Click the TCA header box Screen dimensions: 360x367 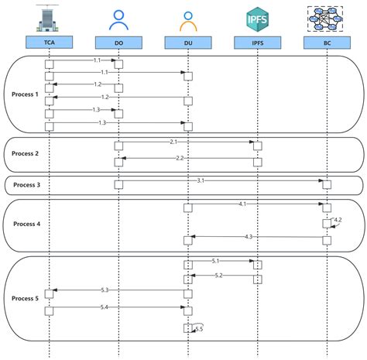pos(49,43)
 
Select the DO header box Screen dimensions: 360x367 pos(118,43)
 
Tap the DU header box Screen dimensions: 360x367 pos(187,43)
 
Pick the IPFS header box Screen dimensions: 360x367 pos(256,43)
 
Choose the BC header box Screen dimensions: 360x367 pos(325,43)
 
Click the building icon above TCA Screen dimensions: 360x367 pos(49,18)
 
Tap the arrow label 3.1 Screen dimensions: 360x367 pos(200,180)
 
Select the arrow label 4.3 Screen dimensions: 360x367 pos(249,235)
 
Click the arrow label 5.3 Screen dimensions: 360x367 pos(105,290)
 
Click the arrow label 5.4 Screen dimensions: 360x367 pos(105,308)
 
